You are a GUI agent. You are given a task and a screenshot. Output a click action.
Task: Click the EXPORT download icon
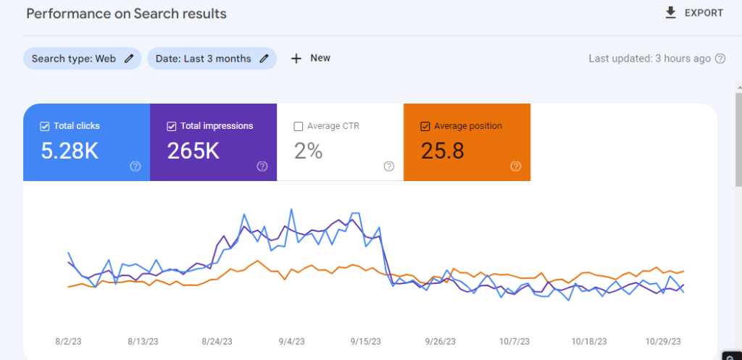click(670, 12)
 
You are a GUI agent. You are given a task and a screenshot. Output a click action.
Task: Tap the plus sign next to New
click(296, 59)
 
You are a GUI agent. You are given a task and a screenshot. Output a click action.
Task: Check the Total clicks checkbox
click(45, 126)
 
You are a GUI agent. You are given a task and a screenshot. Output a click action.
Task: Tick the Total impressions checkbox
click(172, 126)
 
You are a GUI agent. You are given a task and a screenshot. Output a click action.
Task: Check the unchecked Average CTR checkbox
click(299, 126)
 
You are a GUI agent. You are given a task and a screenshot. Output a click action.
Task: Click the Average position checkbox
click(425, 126)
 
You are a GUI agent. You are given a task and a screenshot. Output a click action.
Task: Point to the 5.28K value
click(70, 151)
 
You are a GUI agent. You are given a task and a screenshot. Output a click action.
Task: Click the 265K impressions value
click(193, 151)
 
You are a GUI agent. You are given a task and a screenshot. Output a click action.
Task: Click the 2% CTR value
click(308, 151)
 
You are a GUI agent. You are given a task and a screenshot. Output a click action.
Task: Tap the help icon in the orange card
click(515, 166)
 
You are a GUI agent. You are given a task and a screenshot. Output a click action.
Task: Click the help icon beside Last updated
click(720, 59)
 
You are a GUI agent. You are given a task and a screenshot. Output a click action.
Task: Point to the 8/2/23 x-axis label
click(68, 340)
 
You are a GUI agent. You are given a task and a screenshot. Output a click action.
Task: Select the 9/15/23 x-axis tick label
click(367, 340)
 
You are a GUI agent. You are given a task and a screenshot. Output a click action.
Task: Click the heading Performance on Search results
click(127, 14)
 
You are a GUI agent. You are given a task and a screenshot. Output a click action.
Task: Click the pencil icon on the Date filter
click(264, 59)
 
